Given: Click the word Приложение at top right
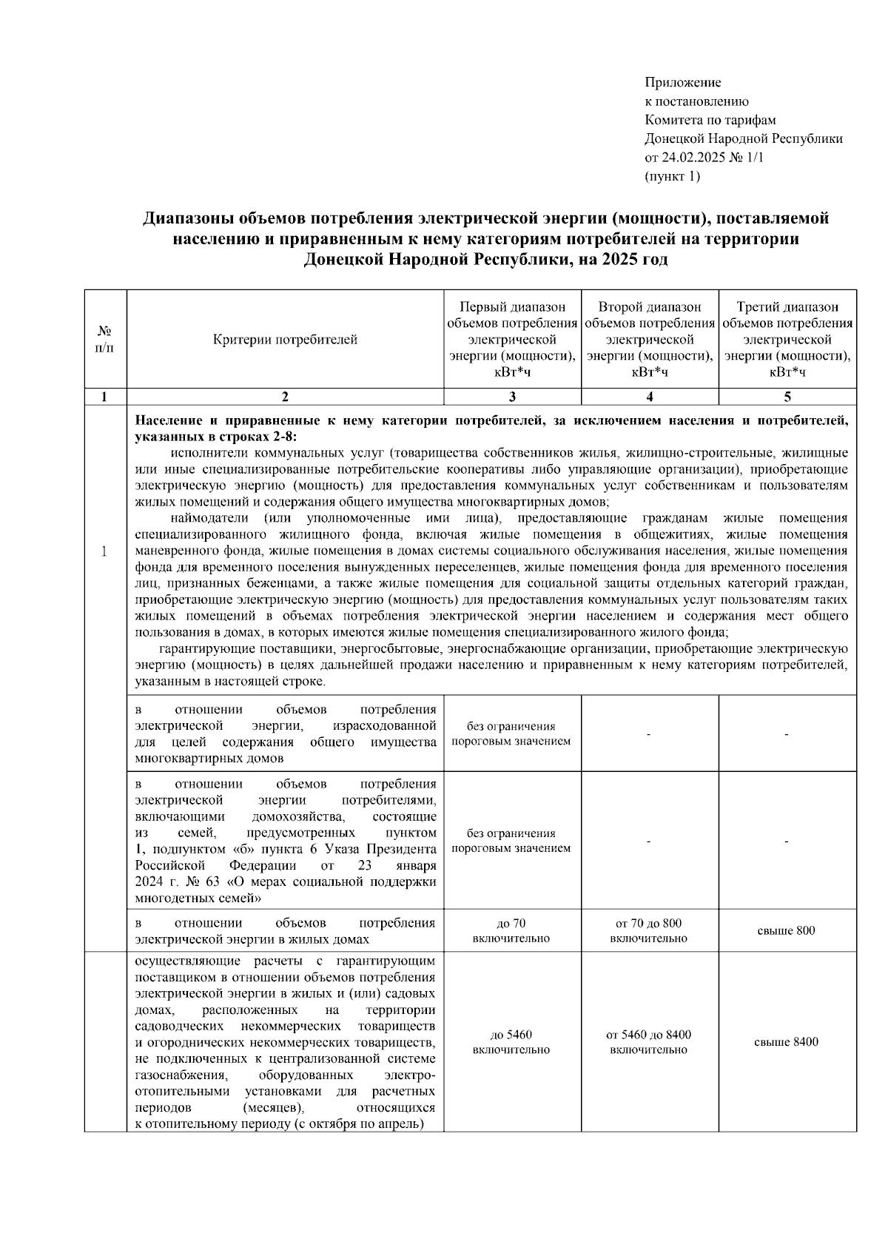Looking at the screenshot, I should [682, 82].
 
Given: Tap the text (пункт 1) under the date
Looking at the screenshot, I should [672, 176].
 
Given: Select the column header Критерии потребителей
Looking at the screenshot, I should [285, 340].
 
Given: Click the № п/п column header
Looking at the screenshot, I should [105, 340].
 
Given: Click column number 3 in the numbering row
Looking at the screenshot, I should [512, 397].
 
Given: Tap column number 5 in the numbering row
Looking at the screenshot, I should [787, 397].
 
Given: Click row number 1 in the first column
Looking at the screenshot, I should [105, 551].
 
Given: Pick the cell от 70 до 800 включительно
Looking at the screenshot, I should [649, 930].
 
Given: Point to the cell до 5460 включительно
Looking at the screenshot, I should [511, 1042].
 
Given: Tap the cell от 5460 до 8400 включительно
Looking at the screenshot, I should [649, 1042].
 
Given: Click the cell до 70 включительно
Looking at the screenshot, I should [511, 930].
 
